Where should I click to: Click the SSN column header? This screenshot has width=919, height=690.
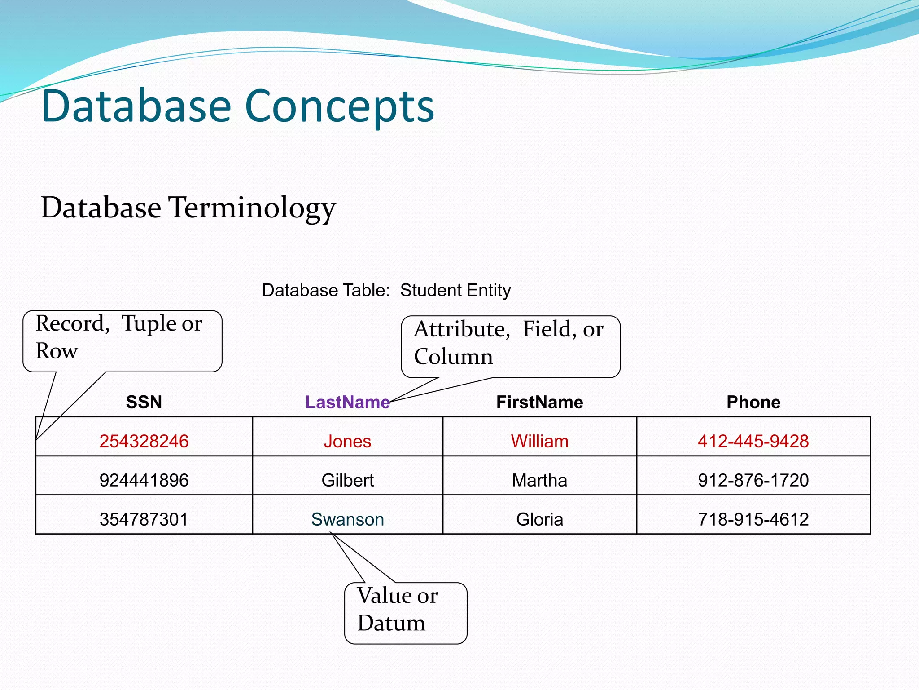tap(144, 402)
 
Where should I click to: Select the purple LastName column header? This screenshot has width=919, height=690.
tap(347, 402)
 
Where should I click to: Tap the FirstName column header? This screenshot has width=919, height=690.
tap(539, 402)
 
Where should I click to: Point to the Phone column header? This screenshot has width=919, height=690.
tap(753, 402)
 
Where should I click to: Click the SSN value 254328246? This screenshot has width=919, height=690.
tap(144, 441)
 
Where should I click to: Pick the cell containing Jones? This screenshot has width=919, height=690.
tap(347, 441)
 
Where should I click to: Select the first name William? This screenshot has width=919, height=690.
tap(539, 441)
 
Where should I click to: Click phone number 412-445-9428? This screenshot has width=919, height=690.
tap(753, 441)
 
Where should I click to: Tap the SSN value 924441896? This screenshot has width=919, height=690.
tap(144, 480)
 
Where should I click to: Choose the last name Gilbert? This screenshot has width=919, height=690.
tap(347, 480)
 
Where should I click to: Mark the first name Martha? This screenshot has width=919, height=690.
tap(539, 480)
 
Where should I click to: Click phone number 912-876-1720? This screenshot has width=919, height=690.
tap(753, 480)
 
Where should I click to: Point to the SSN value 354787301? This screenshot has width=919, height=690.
tap(144, 519)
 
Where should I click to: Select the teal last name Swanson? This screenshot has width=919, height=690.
tap(347, 519)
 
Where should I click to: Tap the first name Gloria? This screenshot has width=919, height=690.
tap(539, 519)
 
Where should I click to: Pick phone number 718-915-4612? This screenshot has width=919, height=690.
tap(753, 519)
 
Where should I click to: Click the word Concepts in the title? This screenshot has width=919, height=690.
tap(340, 106)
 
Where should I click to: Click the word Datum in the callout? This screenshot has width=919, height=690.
tap(391, 623)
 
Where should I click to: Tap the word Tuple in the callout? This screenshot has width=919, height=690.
tap(149, 324)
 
